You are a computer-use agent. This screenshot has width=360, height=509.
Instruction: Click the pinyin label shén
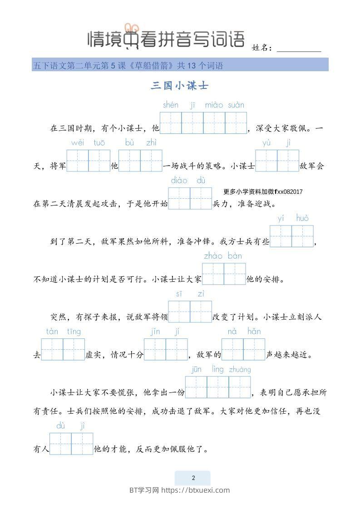(171, 105)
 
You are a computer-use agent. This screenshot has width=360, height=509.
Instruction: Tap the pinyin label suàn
(236, 105)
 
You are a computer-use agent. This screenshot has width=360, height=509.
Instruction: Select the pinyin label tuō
(99, 143)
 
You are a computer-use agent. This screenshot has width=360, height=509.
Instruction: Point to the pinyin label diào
(179, 181)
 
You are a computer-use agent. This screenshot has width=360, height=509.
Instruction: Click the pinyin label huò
(302, 219)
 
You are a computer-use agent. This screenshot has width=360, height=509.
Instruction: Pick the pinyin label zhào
(213, 256)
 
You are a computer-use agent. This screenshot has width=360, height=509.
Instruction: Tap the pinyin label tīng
(74, 332)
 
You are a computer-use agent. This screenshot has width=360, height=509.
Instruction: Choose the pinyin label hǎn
(254, 332)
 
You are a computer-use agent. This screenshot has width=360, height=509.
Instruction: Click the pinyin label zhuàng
(240, 370)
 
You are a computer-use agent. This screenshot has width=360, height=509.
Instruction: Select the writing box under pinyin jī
(192, 123)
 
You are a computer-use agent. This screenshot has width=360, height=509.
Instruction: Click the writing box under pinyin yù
(266, 161)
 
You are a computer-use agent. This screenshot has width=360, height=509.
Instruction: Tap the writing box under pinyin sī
(179, 312)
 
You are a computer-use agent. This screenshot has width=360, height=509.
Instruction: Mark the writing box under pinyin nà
(232, 349)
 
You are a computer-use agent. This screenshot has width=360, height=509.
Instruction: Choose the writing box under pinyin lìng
(218, 387)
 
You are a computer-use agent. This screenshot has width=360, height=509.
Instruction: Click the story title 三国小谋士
(179, 85)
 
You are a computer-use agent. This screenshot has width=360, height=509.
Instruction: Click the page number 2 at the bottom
(193, 478)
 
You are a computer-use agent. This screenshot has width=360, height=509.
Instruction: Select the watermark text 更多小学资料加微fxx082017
(263, 192)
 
